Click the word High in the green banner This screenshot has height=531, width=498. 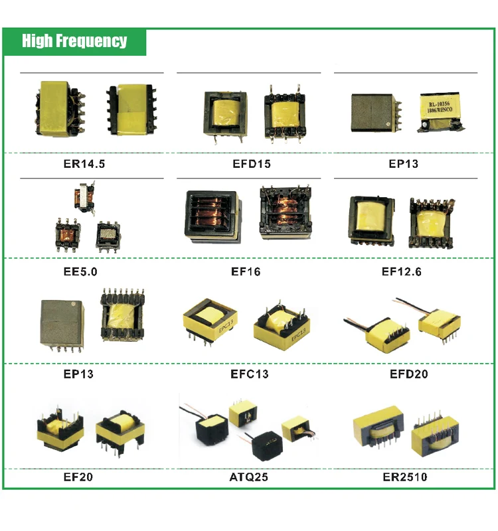tap(37, 41)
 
